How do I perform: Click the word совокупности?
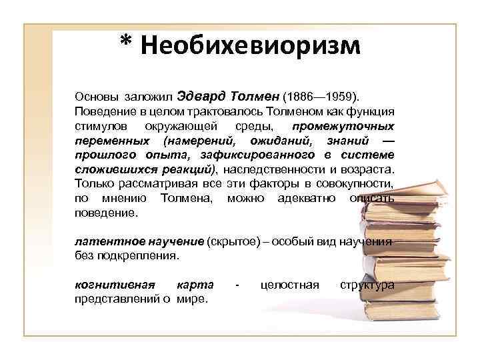[359, 184]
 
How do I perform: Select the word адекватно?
[306, 199]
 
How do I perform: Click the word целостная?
[289, 285]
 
